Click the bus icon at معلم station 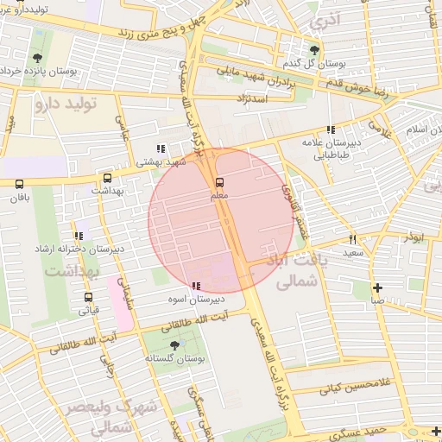tap(219, 182)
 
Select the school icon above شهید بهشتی tap(159, 148)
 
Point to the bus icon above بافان tap(20, 184)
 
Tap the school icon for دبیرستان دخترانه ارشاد tap(79, 235)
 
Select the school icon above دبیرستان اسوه tap(196, 285)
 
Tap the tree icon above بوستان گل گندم tap(313, 50)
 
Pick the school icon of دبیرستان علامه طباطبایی tap(331, 129)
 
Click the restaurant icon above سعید tap(352, 239)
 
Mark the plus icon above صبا tap(377, 287)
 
